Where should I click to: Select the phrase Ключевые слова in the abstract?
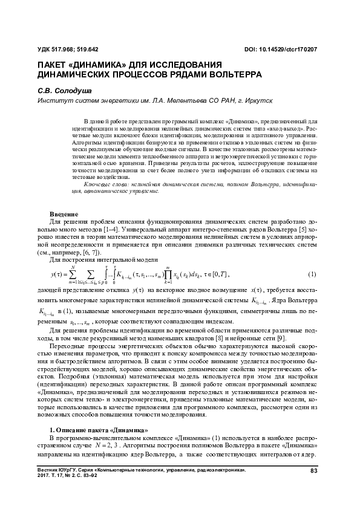101,183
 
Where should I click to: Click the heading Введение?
64,215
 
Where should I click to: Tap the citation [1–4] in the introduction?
113,230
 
